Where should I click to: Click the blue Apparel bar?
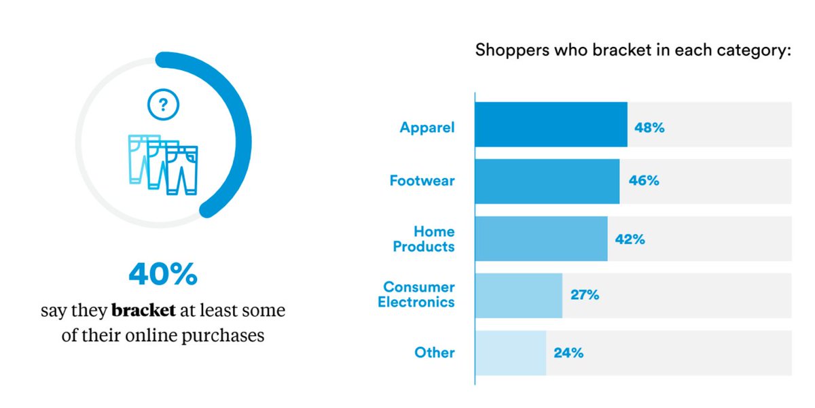(551, 124)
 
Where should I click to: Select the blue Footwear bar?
(547, 181)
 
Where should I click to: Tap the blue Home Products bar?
(541, 239)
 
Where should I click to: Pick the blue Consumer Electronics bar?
(518, 295)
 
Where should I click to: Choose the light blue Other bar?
(510, 352)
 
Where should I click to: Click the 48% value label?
(649, 126)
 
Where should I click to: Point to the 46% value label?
(643, 182)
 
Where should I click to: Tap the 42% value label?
(630, 239)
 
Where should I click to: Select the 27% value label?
(585, 295)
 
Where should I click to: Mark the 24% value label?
(568, 353)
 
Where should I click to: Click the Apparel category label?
(427, 126)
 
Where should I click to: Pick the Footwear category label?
(422, 182)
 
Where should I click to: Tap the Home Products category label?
(424, 239)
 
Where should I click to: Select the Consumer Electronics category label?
(416, 295)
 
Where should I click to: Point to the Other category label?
(435, 353)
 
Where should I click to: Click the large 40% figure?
(163, 274)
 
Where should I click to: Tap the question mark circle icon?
(163, 105)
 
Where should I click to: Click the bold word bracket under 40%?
(143, 311)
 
